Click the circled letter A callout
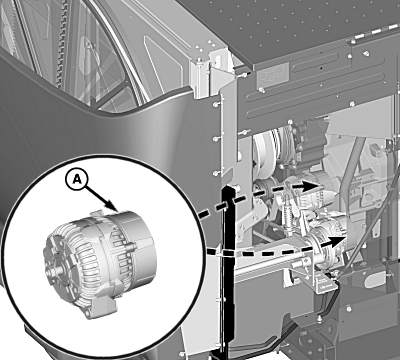(x=77, y=180)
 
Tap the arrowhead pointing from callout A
(x=113, y=206)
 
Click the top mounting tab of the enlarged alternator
(x=97, y=214)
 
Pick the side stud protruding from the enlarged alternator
(x=132, y=247)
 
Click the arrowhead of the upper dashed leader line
(x=312, y=186)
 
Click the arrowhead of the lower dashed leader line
(x=336, y=241)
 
